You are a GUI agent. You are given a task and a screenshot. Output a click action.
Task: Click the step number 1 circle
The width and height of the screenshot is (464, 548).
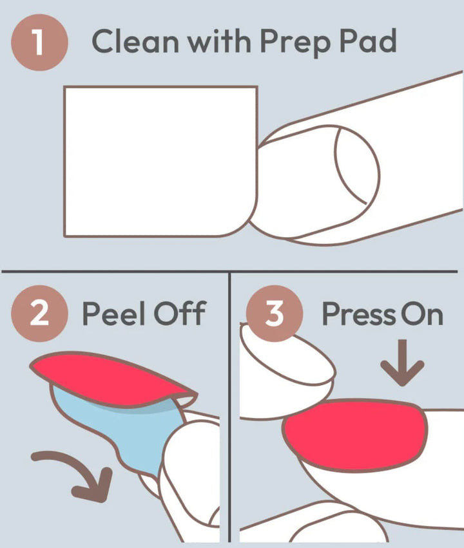(x=39, y=43)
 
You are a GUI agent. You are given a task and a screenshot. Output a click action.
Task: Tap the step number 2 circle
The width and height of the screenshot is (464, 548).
(x=39, y=314)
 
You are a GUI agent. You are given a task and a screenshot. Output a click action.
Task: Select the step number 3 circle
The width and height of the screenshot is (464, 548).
(x=274, y=314)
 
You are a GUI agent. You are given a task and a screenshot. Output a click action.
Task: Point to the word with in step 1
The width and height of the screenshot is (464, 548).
(x=219, y=41)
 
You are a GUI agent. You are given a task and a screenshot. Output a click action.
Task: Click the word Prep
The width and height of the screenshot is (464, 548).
(x=295, y=43)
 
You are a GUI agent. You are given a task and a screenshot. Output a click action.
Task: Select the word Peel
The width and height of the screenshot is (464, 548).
(x=113, y=313)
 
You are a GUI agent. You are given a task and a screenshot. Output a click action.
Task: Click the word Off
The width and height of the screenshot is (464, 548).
(x=179, y=313)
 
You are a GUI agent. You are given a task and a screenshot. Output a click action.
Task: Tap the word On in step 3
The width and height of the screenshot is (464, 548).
(x=421, y=314)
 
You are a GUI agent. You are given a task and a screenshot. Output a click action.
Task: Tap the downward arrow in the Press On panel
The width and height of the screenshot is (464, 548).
(x=402, y=362)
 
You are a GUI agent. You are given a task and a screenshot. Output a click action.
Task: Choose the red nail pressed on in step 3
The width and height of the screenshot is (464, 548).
(x=355, y=435)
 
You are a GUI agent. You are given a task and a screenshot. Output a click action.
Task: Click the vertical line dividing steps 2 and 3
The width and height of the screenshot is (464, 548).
(x=229, y=407)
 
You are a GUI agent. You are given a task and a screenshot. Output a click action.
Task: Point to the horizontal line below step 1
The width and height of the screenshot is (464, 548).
(x=229, y=271)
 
